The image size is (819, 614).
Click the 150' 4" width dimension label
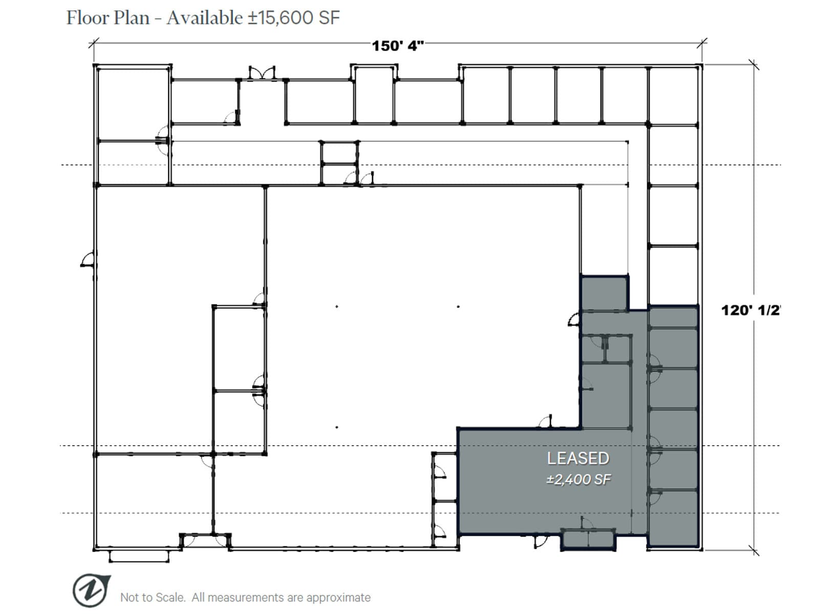398,46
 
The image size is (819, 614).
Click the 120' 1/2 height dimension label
750,310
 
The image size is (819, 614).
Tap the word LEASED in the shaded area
578,458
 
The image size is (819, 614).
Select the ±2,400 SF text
578,479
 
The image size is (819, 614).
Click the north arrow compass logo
91,590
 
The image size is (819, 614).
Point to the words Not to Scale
152,597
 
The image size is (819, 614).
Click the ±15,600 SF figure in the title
294,18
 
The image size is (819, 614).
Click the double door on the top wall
262,73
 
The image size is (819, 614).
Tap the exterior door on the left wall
88,260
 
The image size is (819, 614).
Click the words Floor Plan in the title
108,18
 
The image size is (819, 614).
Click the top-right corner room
673,95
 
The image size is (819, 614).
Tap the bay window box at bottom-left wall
139,556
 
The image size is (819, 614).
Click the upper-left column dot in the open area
337,306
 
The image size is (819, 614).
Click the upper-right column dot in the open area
458,306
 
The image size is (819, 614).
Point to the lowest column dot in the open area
337,427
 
